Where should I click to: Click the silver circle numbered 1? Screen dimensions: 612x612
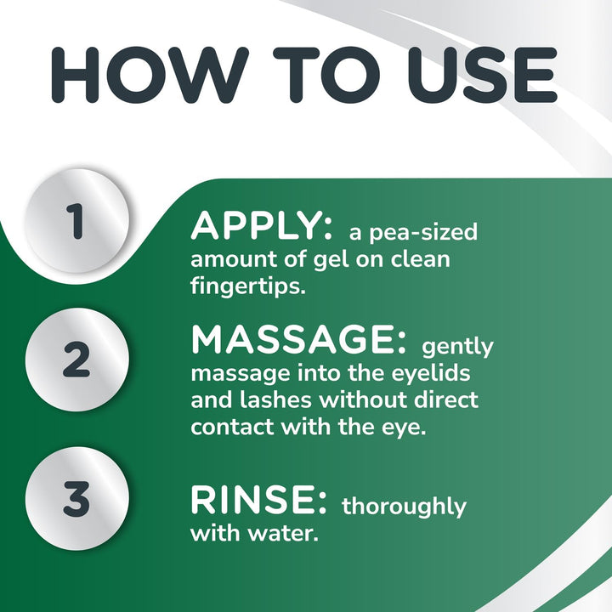click(x=76, y=220)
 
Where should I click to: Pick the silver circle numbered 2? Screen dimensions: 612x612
click(x=76, y=361)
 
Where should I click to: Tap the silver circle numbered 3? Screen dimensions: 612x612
click(x=76, y=499)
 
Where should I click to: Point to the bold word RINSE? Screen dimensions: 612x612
click(x=258, y=501)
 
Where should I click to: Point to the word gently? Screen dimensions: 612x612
click(x=457, y=348)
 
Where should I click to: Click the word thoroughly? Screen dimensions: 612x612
click(x=404, y=507)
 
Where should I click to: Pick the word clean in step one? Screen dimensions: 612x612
click(x=416, y=258)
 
